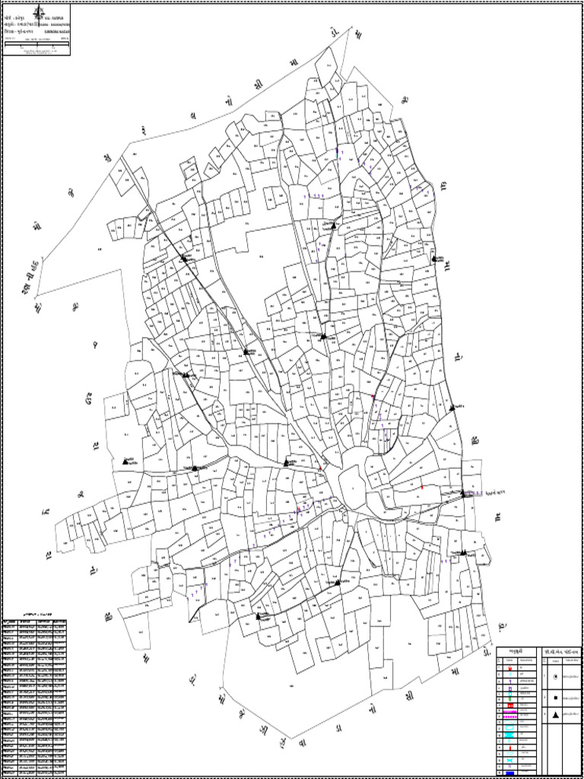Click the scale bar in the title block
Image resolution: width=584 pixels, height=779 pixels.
(36, 47)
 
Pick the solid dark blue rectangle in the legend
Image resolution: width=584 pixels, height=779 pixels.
(508, 773)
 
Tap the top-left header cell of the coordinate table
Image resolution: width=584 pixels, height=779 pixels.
(10, 621)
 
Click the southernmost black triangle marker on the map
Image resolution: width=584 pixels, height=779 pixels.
(259, 615)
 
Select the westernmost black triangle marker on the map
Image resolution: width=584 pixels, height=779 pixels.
(126, 461)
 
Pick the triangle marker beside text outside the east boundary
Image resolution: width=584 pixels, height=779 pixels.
(464, 494)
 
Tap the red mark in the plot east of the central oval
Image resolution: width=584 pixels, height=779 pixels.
(422, 486)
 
